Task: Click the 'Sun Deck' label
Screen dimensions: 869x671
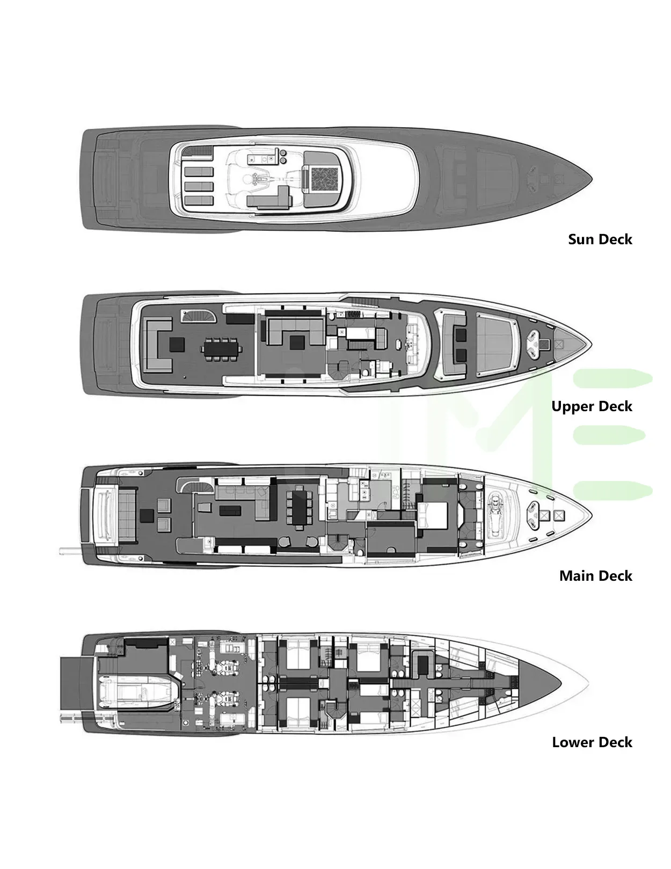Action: coord(600,239)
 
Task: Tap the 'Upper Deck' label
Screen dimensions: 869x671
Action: coord(592,406)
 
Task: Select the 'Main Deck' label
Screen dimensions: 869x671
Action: coord(595,576)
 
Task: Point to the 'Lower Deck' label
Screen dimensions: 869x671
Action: coord(592,742)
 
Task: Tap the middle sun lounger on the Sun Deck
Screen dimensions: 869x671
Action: coord(199,186)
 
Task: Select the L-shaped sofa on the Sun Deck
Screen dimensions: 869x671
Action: coord(267,199)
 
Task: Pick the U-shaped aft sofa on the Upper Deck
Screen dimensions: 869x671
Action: coord(156,344)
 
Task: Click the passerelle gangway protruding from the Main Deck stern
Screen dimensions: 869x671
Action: coord(70,550)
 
